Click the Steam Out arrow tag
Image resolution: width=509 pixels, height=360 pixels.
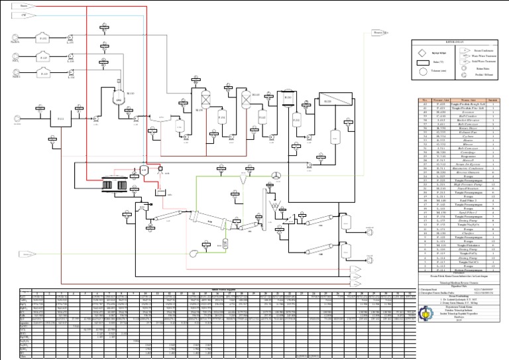[380, 32]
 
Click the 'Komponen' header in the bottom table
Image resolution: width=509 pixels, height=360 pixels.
[9, 290]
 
